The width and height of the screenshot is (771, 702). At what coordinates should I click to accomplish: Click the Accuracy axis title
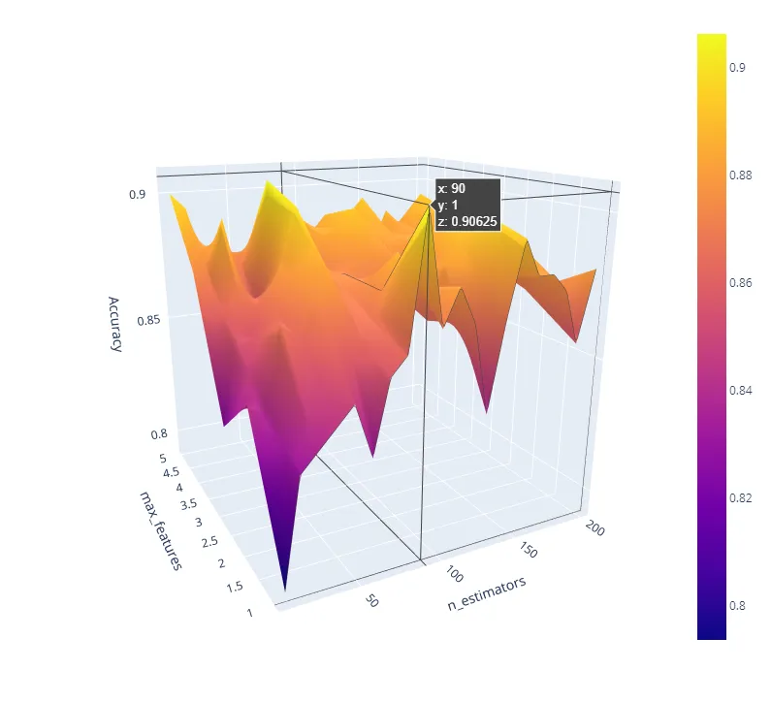115,323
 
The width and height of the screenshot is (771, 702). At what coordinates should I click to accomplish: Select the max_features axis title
159,529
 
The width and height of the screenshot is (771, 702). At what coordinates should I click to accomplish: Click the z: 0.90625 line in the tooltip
467,222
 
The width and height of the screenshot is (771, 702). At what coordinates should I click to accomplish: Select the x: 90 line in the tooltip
452,188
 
